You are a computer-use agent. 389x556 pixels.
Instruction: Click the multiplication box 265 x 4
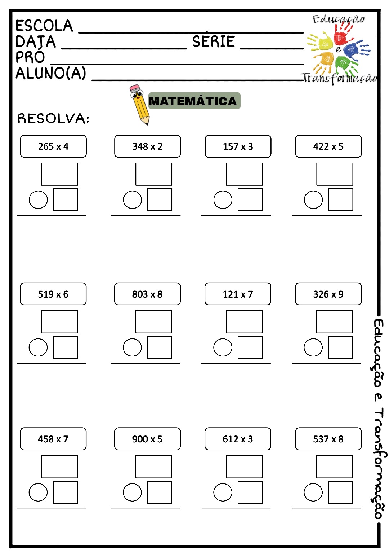[x=53, y=146]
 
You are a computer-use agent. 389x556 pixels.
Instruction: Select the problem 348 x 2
[x=147, y=146]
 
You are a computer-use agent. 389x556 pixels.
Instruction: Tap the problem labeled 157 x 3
[x=238, y=146]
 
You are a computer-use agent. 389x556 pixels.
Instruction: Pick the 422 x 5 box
[x=328, y=146]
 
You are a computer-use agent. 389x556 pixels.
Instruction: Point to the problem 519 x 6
[x=53, y=294]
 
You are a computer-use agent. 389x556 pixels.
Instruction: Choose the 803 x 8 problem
[x=147, y=294]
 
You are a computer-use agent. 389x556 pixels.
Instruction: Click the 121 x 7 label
[x=238, y=294]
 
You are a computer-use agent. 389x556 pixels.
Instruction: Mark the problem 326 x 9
[x=328, y=294]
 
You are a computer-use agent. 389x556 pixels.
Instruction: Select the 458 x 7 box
[x=53, y=439]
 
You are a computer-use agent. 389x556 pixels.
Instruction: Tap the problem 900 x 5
[x=147, y=439]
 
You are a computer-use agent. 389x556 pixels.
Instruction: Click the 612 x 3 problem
[x=238, y=439]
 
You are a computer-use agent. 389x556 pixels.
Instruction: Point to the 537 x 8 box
[x=328, y=439]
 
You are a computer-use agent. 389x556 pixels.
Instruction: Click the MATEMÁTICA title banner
[x=194, y=101]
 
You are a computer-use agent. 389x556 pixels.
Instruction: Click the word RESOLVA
[x=53, y=118]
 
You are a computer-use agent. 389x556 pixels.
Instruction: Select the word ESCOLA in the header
[x=44, y=26]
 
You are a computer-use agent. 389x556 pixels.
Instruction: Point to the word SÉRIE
[x=213, y=42]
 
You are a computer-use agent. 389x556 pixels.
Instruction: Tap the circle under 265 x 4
[x=38, y=200]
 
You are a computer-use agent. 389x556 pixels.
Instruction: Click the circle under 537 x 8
[x=313, y=492]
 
